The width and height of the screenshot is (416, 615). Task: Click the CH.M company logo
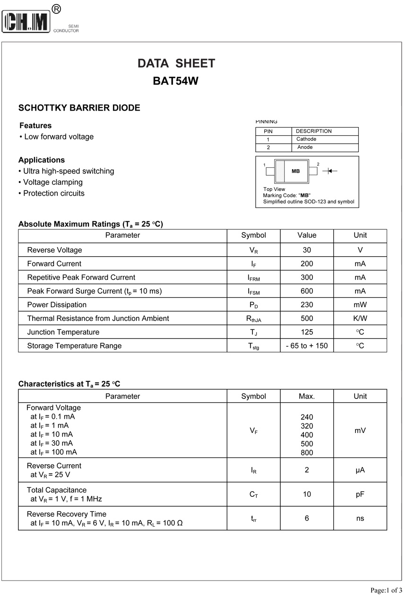[26, 22]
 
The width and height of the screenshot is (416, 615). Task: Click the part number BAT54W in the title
[175, 81]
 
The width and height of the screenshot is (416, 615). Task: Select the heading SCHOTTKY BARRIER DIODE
[79, 108]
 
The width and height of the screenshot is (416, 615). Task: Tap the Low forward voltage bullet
[59, 137]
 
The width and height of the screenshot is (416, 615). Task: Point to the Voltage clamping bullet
[52, 182]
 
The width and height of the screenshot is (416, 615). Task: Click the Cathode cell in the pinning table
[306, 139]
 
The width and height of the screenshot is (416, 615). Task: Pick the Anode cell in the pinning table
[305, 147]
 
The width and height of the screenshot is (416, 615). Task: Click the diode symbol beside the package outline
[329, 171]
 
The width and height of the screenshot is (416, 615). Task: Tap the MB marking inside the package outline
[295, 171]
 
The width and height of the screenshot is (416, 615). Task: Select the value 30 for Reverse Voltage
[307, 250]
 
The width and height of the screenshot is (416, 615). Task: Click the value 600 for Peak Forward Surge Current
[307, 291]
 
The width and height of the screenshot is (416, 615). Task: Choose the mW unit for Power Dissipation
[360, 305]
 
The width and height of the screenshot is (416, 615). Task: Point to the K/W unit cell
[360, 319]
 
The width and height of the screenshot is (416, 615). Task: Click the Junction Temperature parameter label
[63, 332]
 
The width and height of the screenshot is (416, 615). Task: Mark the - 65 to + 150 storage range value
[307, 346]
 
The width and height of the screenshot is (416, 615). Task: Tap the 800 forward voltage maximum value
[307, 452]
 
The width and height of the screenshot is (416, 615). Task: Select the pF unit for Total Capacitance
[360, 494]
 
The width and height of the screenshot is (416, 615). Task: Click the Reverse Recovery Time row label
[67, 514]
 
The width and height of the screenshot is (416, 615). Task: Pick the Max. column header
[307, 397]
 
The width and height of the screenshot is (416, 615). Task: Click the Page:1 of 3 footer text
[386, 590]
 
